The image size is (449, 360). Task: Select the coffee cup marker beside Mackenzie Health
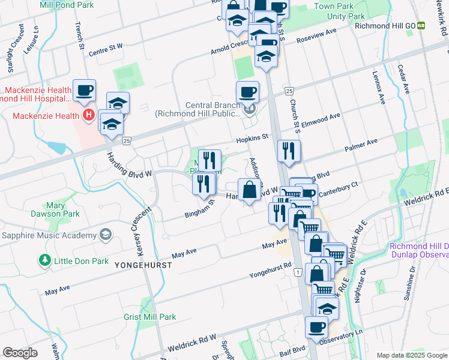[84, 91]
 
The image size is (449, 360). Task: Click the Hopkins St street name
[251, 139]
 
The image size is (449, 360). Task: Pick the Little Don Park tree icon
[44, 260]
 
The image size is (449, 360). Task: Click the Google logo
[20, 353]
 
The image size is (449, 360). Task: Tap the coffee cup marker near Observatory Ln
[316, 327]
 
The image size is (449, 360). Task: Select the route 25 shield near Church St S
[289, 91]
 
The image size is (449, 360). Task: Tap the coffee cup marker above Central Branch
[247, 92]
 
